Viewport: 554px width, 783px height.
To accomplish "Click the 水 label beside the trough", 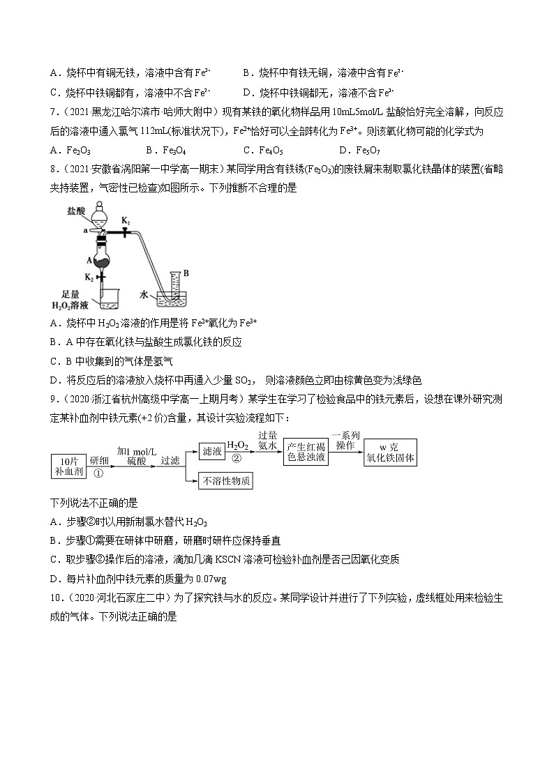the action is click(x=143, y=295).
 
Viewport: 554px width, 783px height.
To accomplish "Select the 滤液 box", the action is click(x=211, y=452).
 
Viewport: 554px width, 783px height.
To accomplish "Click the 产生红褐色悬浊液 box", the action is click(x=306, y=452).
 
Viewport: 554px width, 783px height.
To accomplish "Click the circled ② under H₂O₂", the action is click(x=237, y=458).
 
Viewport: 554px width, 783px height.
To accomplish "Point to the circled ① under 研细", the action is click(x=98, y=472).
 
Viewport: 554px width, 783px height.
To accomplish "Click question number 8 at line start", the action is click(x=54, y=167).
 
